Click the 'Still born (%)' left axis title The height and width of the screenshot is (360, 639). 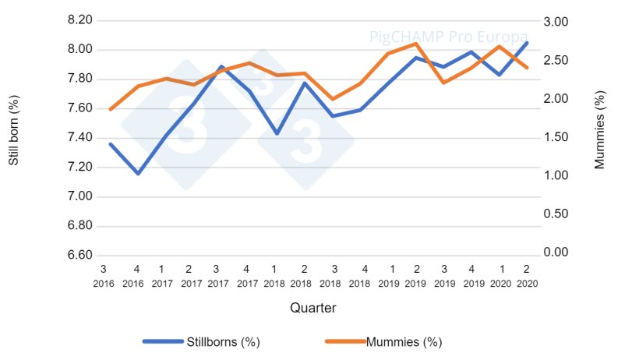click(x=13, y=138)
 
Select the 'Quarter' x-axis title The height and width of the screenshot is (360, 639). click(x=312, y=308)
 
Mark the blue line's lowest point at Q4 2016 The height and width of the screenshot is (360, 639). click(x=138, y=173)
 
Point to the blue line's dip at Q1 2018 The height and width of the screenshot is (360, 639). click(x=277, y=133)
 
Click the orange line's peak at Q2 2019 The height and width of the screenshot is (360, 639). click(x=416, y=44)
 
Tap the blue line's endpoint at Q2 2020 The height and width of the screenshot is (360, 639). click(x=528, y=42)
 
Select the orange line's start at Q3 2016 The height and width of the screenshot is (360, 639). click(x=110, y=109)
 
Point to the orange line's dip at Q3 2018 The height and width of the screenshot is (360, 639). click(x=333, y=99)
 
